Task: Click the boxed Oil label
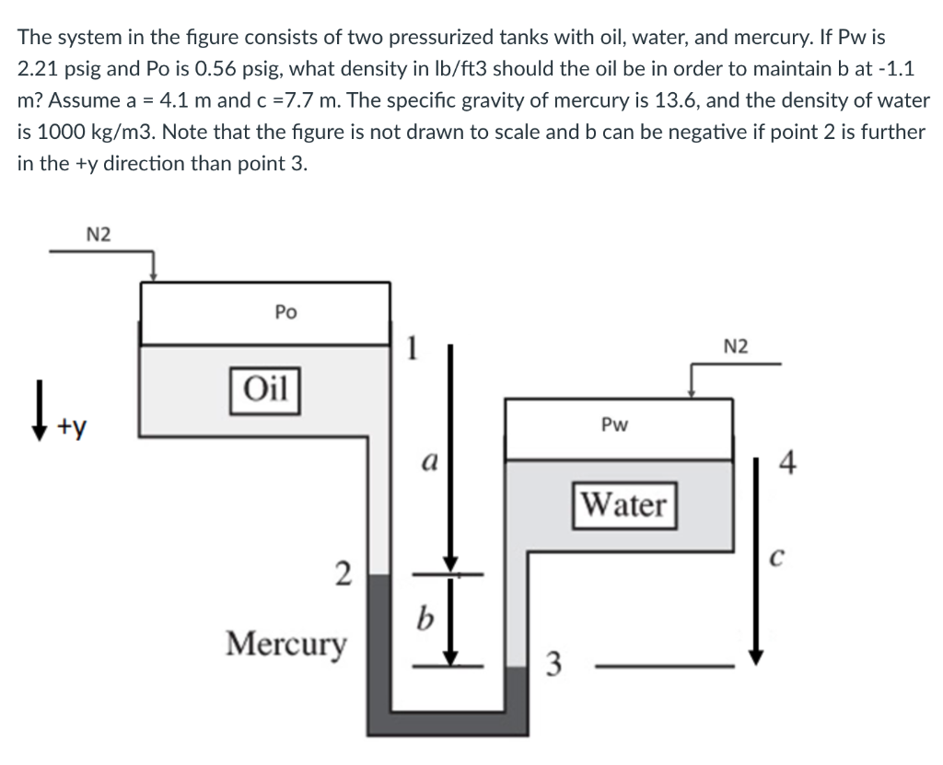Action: click(263, 386)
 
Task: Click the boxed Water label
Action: click(624, 504)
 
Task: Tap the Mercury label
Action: click(287, 642)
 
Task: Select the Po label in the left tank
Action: click(285, 313)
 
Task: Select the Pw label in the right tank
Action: click(614, 425)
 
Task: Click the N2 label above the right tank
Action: click(736, 346)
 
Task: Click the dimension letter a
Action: click(425, 460)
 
